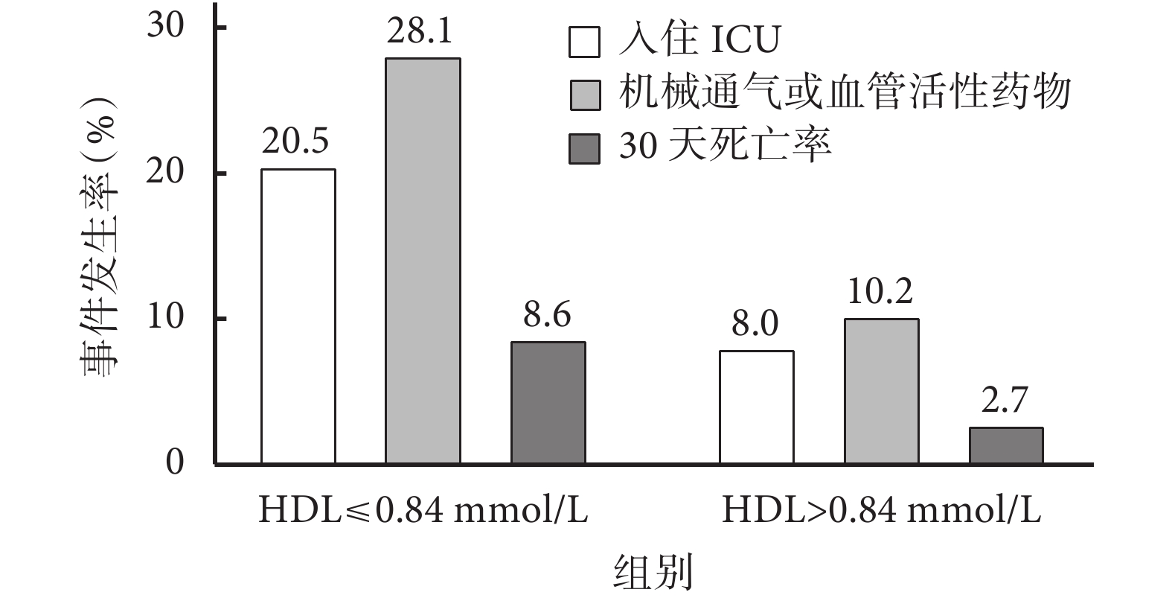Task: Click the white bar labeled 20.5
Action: (x=298, y=317)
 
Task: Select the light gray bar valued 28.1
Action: (x=422, y=261)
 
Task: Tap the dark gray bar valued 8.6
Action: (x=548, y=403)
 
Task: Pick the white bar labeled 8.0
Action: (x=756, y=407)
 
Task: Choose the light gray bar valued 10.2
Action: (x=881, y=392)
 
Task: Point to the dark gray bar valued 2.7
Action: (x=1006, y=445)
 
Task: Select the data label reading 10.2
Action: (x=880, y=292)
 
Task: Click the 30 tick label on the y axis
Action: (x=164, y=28)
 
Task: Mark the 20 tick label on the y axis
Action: (x=164, y=174)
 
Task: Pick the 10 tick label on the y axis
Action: (x=164, y=319)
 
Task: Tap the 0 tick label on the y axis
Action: (x=175, y=463)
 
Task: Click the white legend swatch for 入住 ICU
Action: (x=584, y=42)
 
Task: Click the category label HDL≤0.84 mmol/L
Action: (x=423, y=512)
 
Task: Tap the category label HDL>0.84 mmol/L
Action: (x=881, y=512)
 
